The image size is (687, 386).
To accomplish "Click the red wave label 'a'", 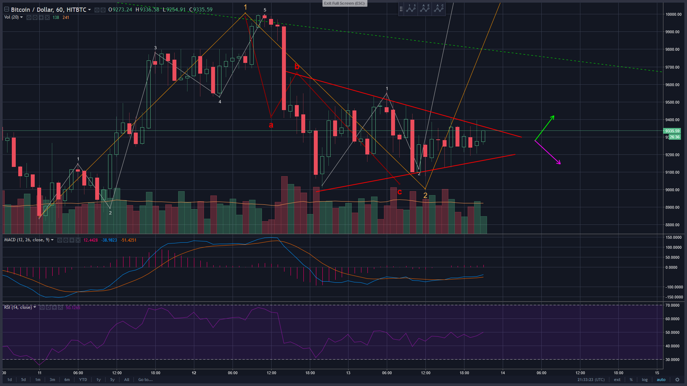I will [x=271, y=125].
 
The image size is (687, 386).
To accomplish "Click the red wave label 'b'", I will [x=297, y=66].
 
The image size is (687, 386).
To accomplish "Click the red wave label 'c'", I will [x=400, y=192].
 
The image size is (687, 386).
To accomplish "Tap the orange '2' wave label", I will [x=425, y=196].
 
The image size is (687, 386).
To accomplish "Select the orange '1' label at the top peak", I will [x=245, y=7].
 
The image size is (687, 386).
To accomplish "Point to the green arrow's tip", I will [x=554, y=116].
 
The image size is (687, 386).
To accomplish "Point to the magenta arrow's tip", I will [x=560, y=164].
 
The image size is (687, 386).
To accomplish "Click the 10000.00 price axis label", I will [x=673, y=14].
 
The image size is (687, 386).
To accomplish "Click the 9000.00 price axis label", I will [x=672, y=190].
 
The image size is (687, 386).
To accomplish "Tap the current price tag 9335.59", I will [x=672, y=131].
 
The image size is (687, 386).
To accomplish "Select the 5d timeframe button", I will [x=23, y=380].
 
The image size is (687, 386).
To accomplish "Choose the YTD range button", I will [x=83, y=380].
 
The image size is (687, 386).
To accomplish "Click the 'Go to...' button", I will [x=145, y=380].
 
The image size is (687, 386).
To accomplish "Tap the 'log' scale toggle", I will [x=644, y=380].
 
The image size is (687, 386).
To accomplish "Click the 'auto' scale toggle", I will [x=661, y=380].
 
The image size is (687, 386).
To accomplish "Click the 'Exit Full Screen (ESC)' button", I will [x=344, y=3].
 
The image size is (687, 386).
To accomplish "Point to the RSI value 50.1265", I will [x=73, y=307].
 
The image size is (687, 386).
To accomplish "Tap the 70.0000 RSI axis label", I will [x=672, y=305].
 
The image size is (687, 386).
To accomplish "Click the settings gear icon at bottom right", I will [x=677, y=380].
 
